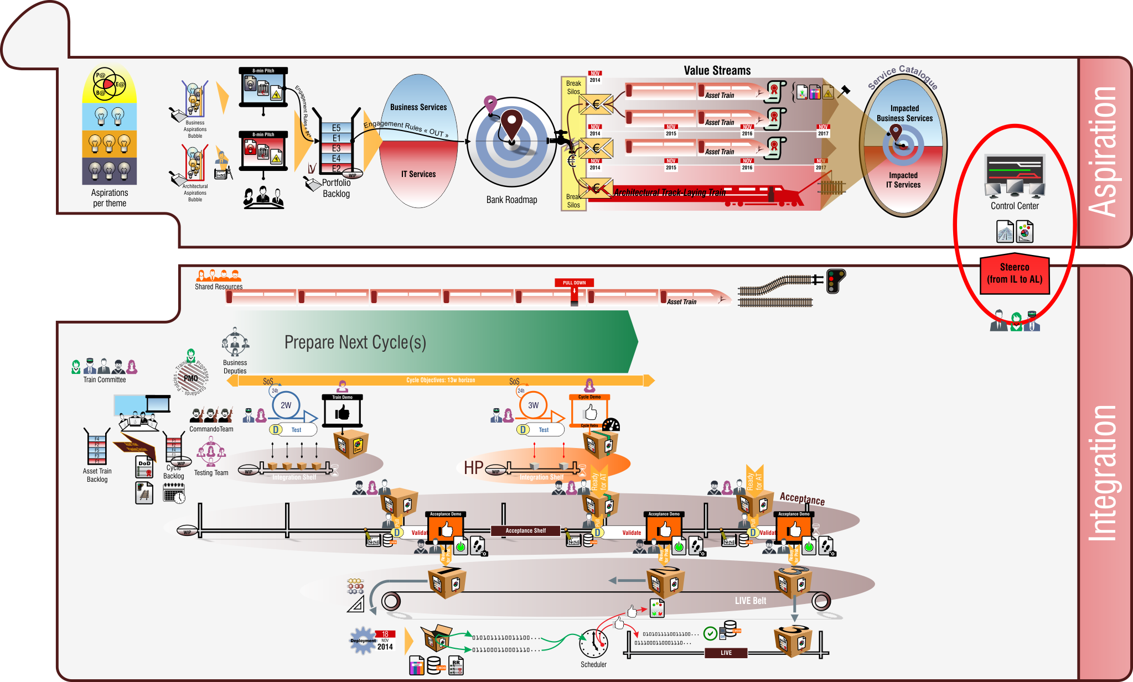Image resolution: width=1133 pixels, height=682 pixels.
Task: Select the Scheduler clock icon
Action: pos(593,643)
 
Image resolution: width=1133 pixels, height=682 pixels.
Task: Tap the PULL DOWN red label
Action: pos(574,283)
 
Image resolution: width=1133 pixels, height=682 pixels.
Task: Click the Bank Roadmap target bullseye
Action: pos(511,142)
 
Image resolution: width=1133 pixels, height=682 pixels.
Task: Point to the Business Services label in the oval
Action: pos(418,107)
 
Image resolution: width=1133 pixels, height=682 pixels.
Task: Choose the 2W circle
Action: pos(286,405)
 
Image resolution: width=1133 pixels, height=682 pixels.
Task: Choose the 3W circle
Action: pos(533,405)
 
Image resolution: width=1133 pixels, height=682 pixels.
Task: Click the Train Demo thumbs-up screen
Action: pos(342,412)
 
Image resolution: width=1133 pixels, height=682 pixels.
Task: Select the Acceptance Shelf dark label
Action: pos(525,531)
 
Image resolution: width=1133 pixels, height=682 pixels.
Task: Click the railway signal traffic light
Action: pos(835,280)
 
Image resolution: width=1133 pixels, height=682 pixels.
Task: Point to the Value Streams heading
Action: pos(717,71)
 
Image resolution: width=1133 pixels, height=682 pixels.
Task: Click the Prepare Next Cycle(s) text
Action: pos(355,342)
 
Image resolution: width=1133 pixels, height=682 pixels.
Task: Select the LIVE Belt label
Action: pos(750,601)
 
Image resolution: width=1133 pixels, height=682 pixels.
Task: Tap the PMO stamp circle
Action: pos(191,378)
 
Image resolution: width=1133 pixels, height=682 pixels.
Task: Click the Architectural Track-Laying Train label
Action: pos(669,192)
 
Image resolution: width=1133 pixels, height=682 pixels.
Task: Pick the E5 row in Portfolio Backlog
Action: pos(337,128)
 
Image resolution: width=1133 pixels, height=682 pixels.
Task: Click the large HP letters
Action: pos(473,468)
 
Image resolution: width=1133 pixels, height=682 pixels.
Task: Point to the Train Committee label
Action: pos(105,380)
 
